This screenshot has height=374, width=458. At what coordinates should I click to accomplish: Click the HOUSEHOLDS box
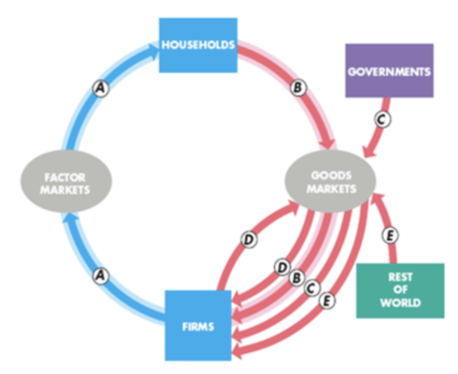click(x=198, y=45)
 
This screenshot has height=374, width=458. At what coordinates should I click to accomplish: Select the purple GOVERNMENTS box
click(x=389, y=71)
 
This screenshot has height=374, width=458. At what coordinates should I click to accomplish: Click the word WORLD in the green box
click(x=400, y=302)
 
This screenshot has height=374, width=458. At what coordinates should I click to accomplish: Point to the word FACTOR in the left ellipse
click(x=65, y=177)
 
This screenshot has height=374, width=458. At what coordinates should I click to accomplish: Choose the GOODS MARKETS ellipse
click(x=330, y=181)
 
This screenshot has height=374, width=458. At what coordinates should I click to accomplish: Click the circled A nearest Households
click(x=101, y=88)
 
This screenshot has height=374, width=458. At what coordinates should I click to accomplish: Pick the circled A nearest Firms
click(x=101, y=275)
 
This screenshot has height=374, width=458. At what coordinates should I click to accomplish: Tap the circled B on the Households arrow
click(x=298, y=87)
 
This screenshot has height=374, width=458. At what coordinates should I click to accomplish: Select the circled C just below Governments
click(x=382, y=119)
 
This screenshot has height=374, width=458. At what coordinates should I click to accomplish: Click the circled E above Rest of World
click(x=390, y=236)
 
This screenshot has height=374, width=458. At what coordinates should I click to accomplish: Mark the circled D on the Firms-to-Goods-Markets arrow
click(x=249, y=239)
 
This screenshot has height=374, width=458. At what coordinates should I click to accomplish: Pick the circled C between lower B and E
click(x=312, y=288)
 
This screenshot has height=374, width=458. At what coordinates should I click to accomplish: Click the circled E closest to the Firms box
click(x=327, y=300)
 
